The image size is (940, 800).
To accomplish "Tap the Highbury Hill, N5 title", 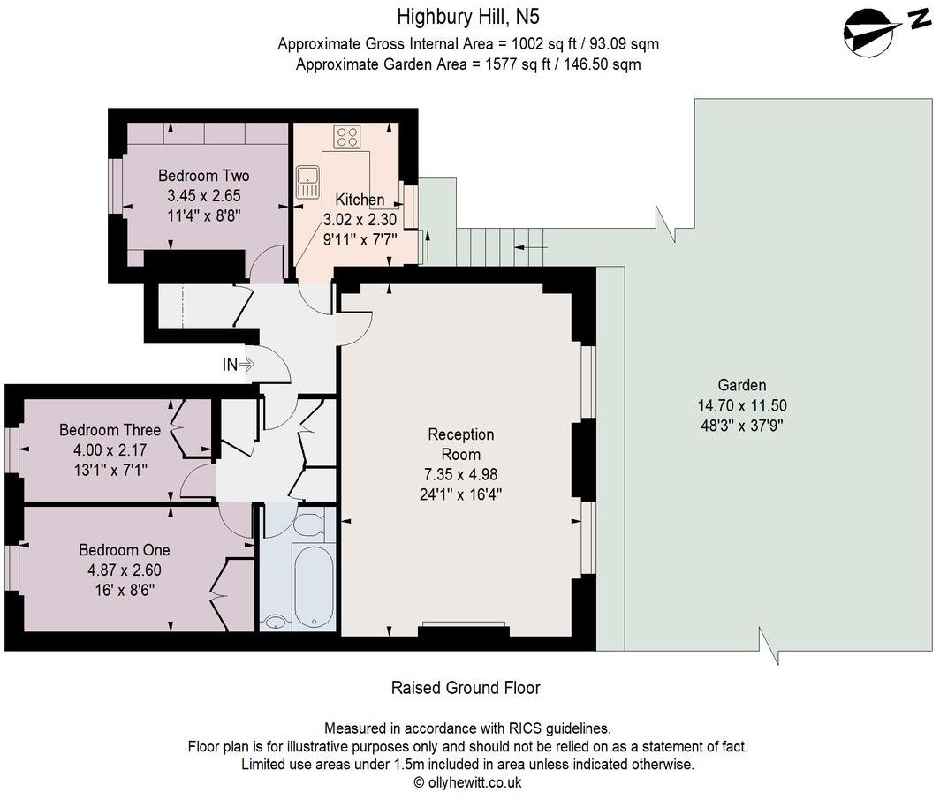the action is (467, 17).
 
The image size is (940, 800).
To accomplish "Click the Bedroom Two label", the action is (204, 176).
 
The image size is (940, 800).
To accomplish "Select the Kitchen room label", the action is (360, 199).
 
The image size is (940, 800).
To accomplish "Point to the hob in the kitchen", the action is (347, 136).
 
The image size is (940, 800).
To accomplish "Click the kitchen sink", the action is (307, 182).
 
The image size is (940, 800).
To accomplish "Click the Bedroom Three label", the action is (110, 430).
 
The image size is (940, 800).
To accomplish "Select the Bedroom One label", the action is (124, 549).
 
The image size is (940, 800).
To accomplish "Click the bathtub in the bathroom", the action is (314, 586).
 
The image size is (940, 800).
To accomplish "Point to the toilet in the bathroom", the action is (309, 525).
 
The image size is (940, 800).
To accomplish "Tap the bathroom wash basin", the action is (275, 622).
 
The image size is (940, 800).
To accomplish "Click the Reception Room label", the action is (461, 444).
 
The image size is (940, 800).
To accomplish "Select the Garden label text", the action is (742, 385).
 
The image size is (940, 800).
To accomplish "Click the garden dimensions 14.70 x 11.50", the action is (742, 405).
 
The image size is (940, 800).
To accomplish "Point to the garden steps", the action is (500, 246).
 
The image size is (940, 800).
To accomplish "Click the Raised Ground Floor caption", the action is (466, 687).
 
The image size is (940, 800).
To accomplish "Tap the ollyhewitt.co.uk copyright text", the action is (467, 782).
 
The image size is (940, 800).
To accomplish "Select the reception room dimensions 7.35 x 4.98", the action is (461, 474).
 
